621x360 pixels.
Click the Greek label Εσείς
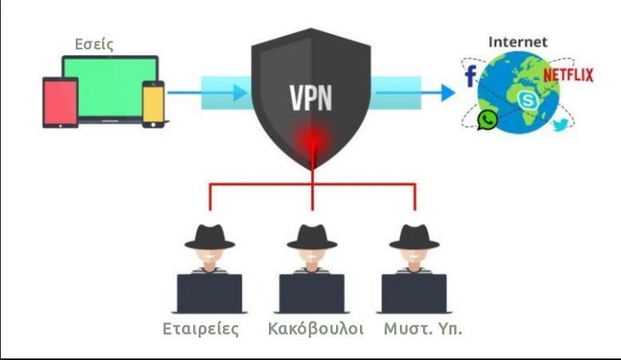click(94, 45)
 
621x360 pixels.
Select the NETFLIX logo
click(570, 76)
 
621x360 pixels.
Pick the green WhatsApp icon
click(487, 120)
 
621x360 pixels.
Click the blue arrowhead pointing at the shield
click(240, 93)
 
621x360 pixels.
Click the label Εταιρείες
click(201, 330)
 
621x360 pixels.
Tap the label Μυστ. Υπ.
click(422, 330)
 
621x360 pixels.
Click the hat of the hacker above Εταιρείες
click(209, 234)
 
